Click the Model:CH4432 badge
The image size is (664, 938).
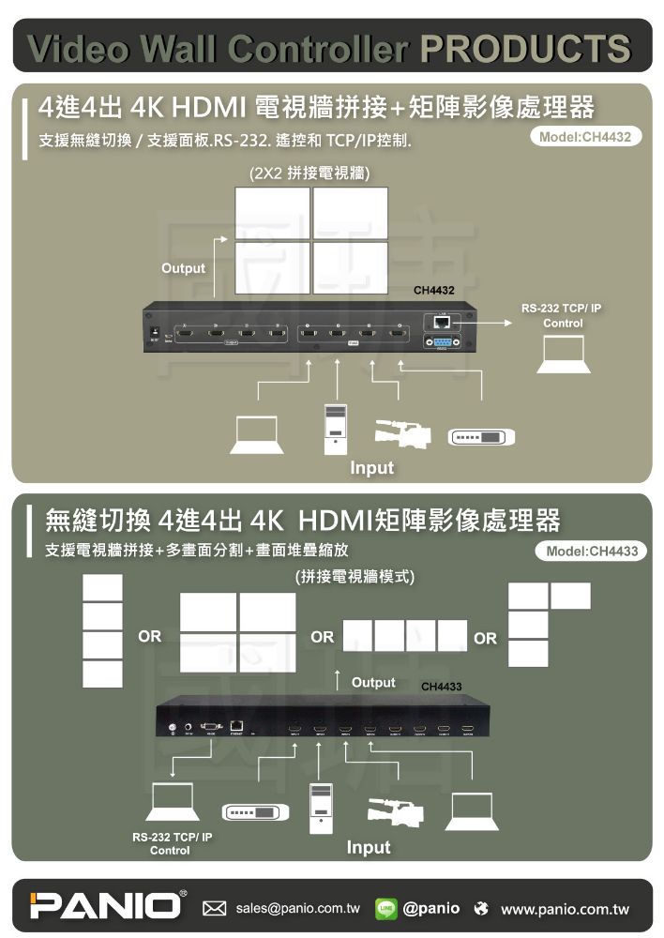point(586,137)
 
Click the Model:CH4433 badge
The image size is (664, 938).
point(592,551)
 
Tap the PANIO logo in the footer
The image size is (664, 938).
point(104,906)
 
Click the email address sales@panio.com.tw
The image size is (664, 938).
point(298,908)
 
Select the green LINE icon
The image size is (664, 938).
point(385,908)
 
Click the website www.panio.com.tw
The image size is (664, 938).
point(565,909)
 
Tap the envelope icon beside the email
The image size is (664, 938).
point(215,908)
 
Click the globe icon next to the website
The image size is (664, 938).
point(482,908)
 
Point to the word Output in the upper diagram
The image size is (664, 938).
point(183,268)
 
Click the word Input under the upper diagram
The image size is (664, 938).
point(372,467)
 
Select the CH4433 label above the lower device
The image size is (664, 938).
point(441,688)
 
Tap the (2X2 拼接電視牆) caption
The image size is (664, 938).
point(310,174)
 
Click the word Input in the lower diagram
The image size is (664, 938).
point(369,847)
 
